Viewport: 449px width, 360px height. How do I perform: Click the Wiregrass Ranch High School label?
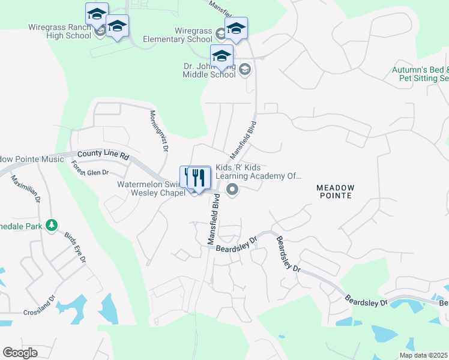(x=59, y=31)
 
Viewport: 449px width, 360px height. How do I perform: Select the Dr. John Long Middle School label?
(x=209, y=71)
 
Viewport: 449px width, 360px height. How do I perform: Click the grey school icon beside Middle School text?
(x=244, y=70)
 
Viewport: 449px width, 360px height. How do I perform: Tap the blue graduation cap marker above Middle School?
(x=221, y=56)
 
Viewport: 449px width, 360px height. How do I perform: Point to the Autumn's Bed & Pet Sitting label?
(x=420, y=74)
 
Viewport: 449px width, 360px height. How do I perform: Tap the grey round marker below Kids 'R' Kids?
(x=232, y=190)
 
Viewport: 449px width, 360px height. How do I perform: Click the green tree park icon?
(x=52, y=224)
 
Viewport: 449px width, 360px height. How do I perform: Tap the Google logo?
(x=20, y=353)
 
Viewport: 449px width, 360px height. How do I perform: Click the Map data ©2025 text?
(x=423, y=355)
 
